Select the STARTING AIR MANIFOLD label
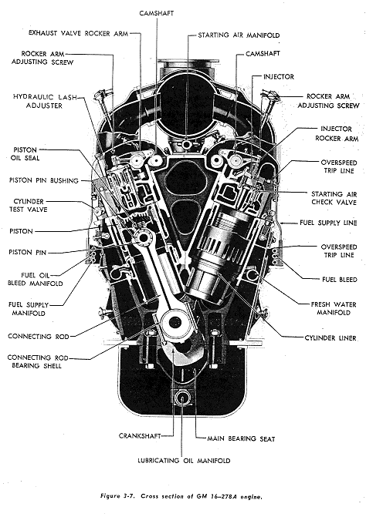239,35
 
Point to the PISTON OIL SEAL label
29,154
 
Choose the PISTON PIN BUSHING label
42,180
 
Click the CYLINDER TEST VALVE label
30,206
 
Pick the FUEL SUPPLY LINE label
328,223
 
